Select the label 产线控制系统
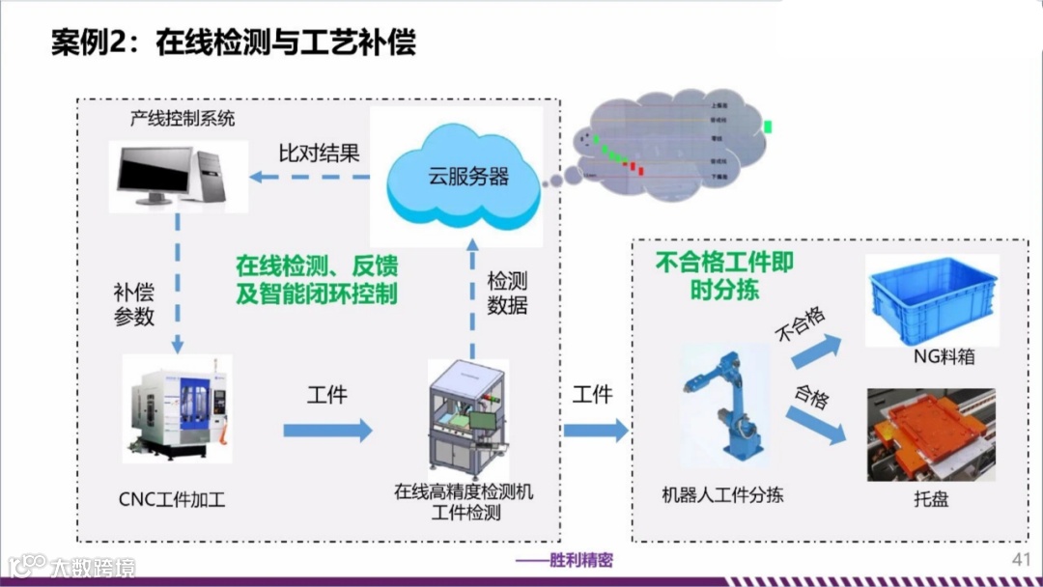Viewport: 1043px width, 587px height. tap(183, 120)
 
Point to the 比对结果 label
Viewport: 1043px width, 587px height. tap(319, 153)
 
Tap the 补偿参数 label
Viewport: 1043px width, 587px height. tap(134, 302)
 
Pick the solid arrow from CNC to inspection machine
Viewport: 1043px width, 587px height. tap(326, 430)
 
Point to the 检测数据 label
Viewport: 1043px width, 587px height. tap(507, 293)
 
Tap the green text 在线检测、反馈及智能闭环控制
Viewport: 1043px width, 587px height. tap(317, 280)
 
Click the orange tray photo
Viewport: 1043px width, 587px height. tap(931, 433)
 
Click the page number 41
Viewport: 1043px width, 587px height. tap(1021, 561)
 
